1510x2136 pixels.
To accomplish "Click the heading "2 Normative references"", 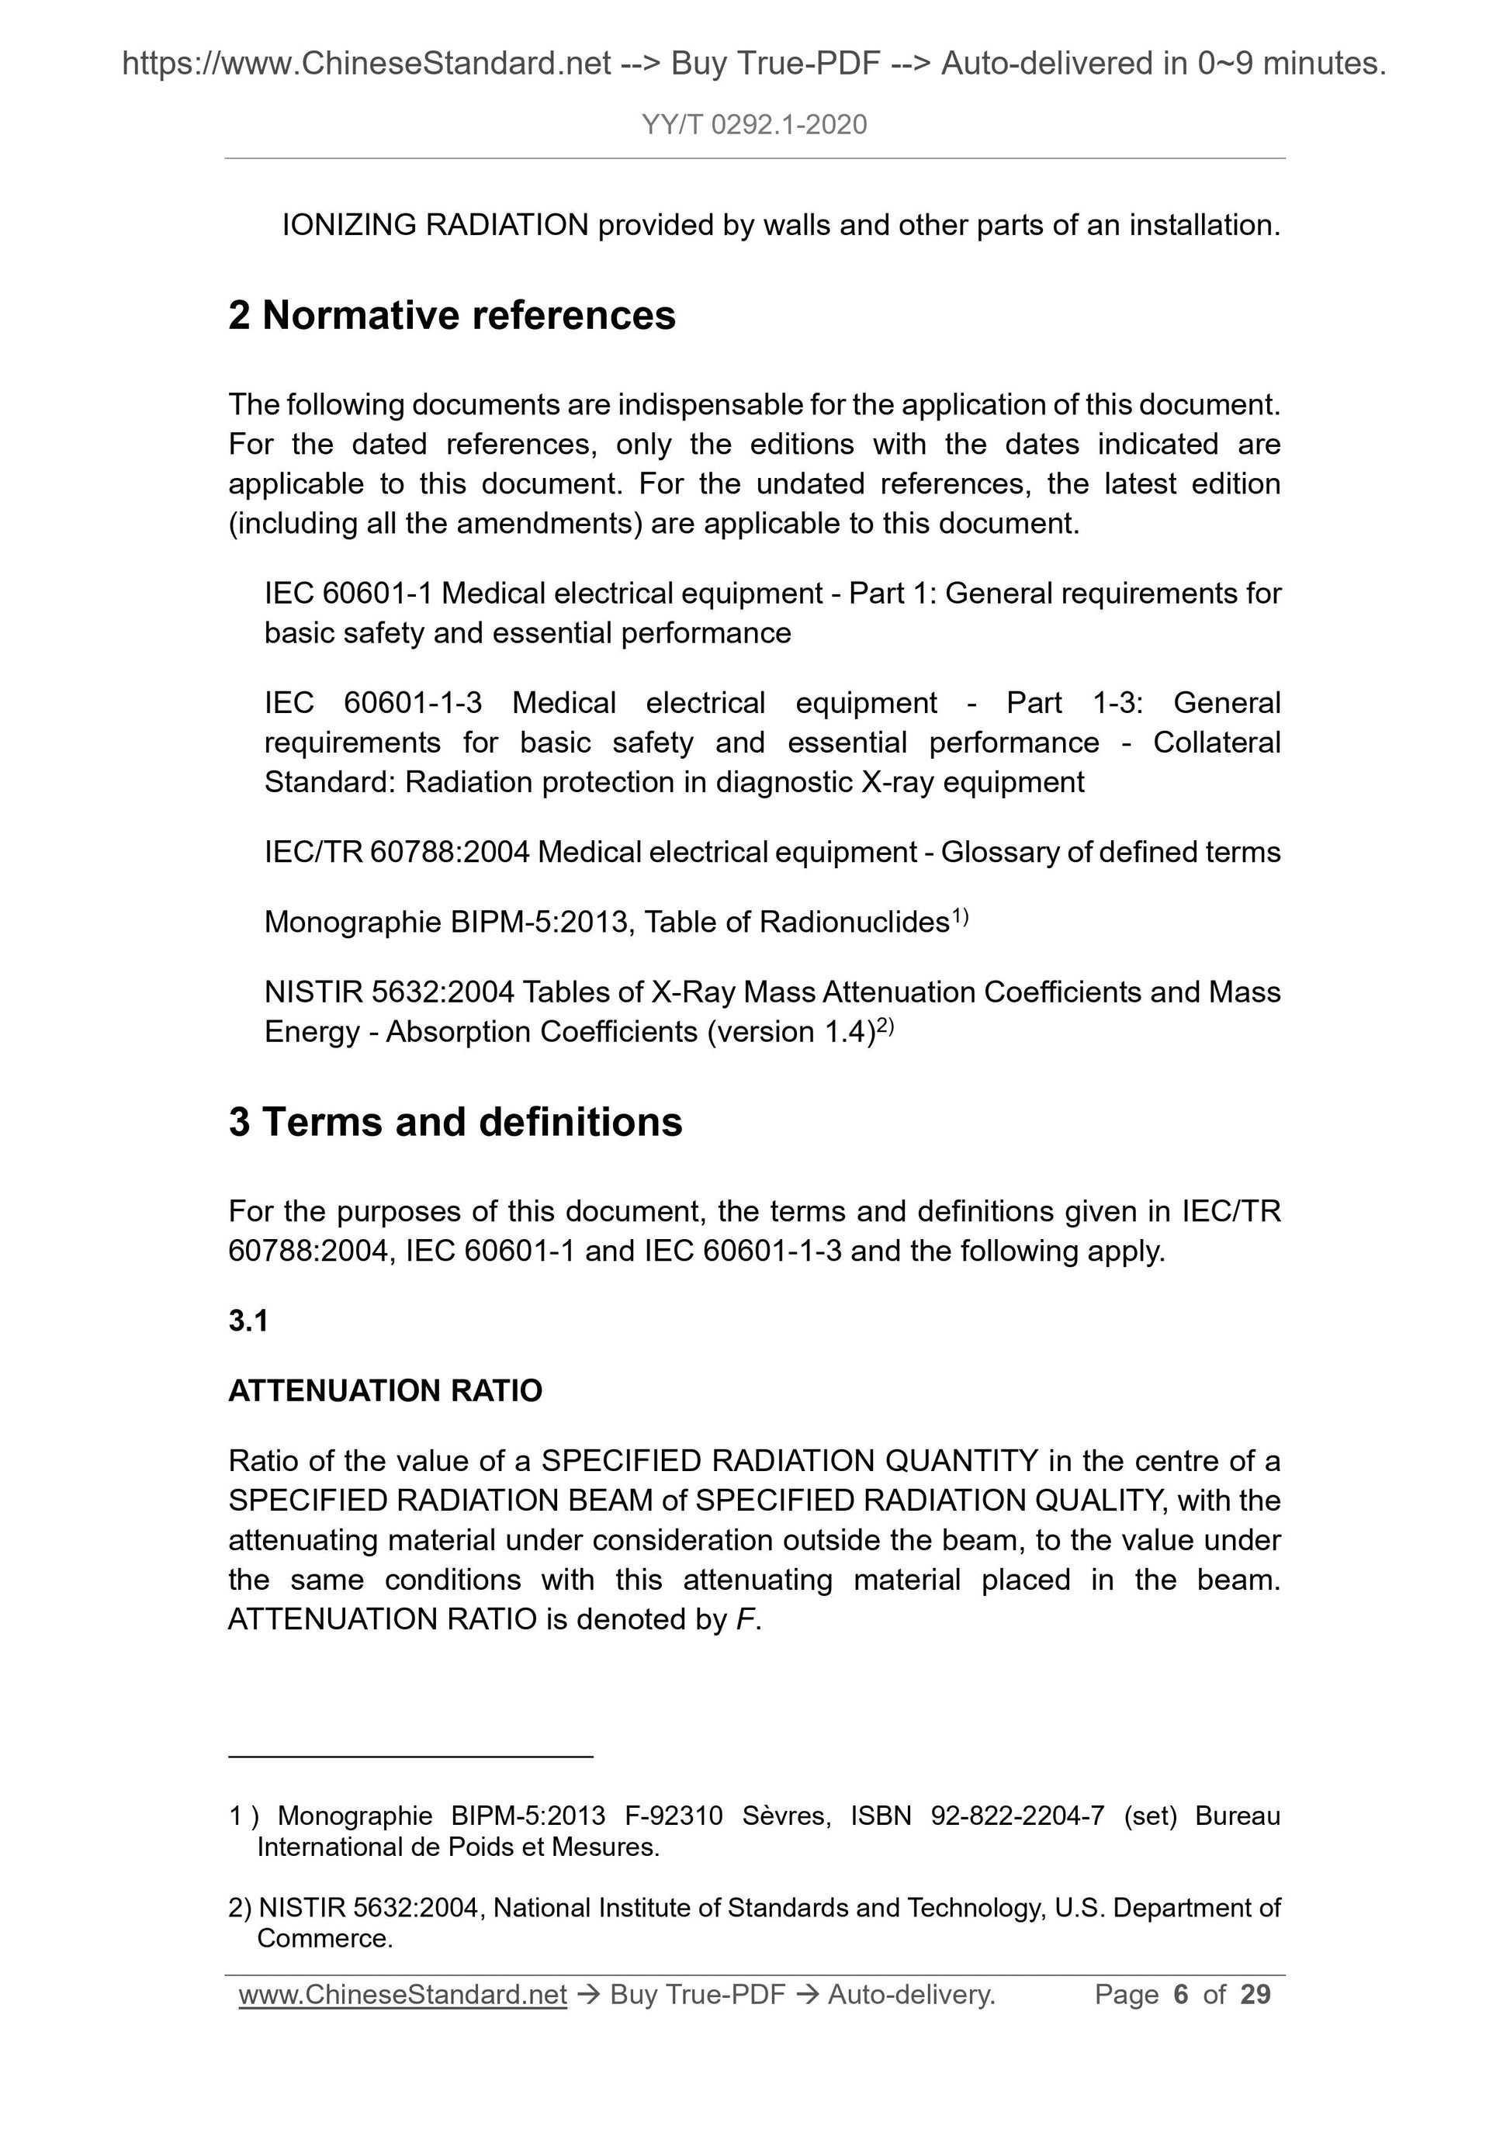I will point(452,315).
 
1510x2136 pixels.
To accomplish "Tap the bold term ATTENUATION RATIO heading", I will point(385,1391).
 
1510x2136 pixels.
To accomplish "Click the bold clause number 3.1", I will point(248,1320).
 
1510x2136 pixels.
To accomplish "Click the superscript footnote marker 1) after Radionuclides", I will point(960,917).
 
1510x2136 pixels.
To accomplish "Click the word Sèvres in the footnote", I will point(786,1816).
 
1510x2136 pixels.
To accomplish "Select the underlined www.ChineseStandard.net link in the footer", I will point(403,1995).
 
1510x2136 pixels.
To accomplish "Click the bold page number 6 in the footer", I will point(1181,1995).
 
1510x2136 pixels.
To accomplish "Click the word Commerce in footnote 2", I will point(323,1939).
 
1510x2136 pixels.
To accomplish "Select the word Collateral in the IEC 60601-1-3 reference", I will point(1216,743).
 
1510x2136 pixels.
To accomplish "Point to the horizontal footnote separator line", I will point(410,1757).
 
